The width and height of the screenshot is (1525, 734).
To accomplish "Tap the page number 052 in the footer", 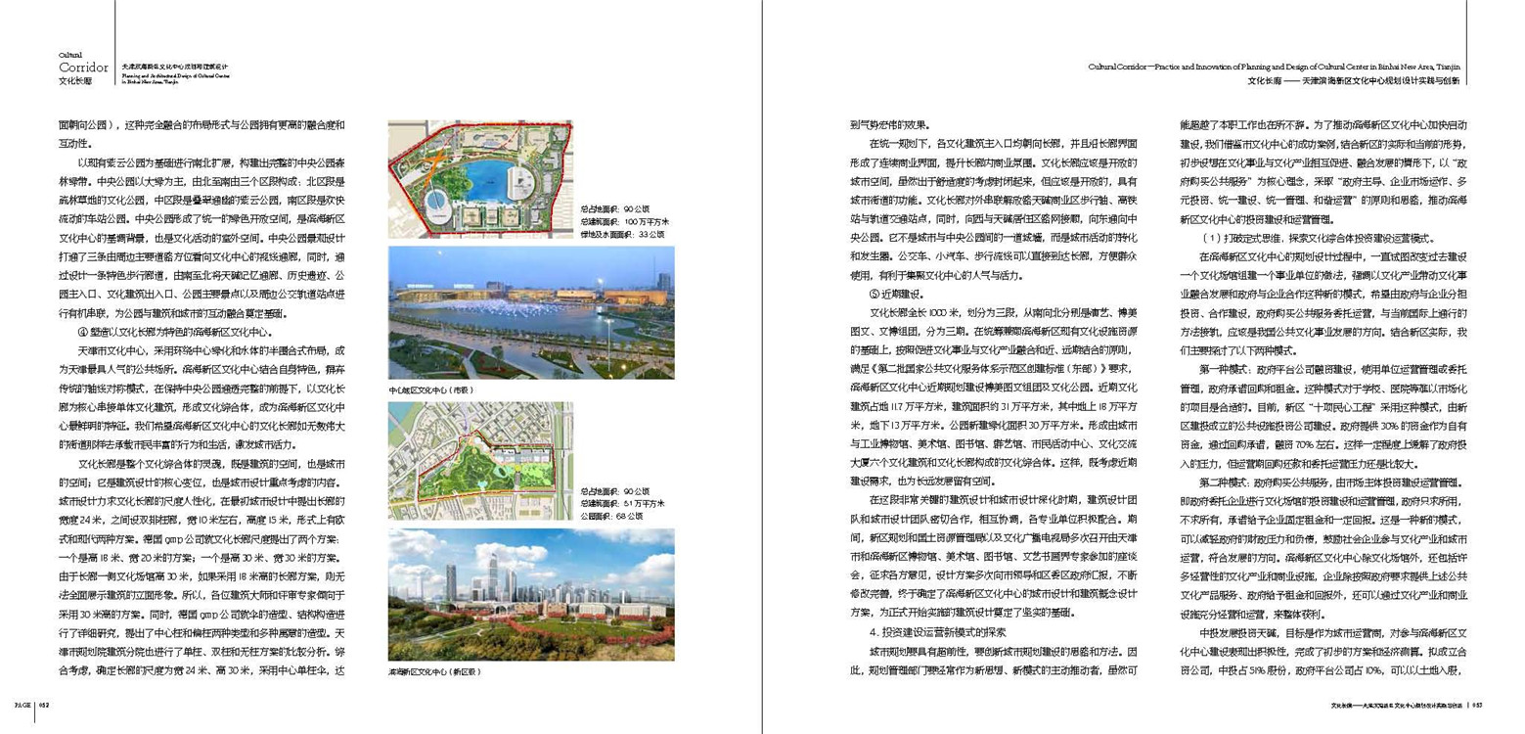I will (x=45, y=703).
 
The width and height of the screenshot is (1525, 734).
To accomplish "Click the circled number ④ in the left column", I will (x=82, y=331).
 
